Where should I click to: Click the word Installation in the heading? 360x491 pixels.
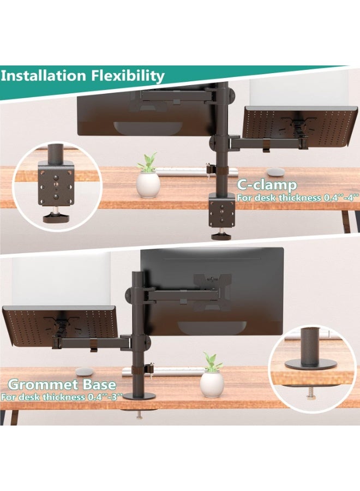click(x=44, y=75)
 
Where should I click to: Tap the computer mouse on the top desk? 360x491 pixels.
click(x=277, y=172)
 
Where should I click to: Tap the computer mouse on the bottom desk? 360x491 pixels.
click(x=84, y=371)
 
